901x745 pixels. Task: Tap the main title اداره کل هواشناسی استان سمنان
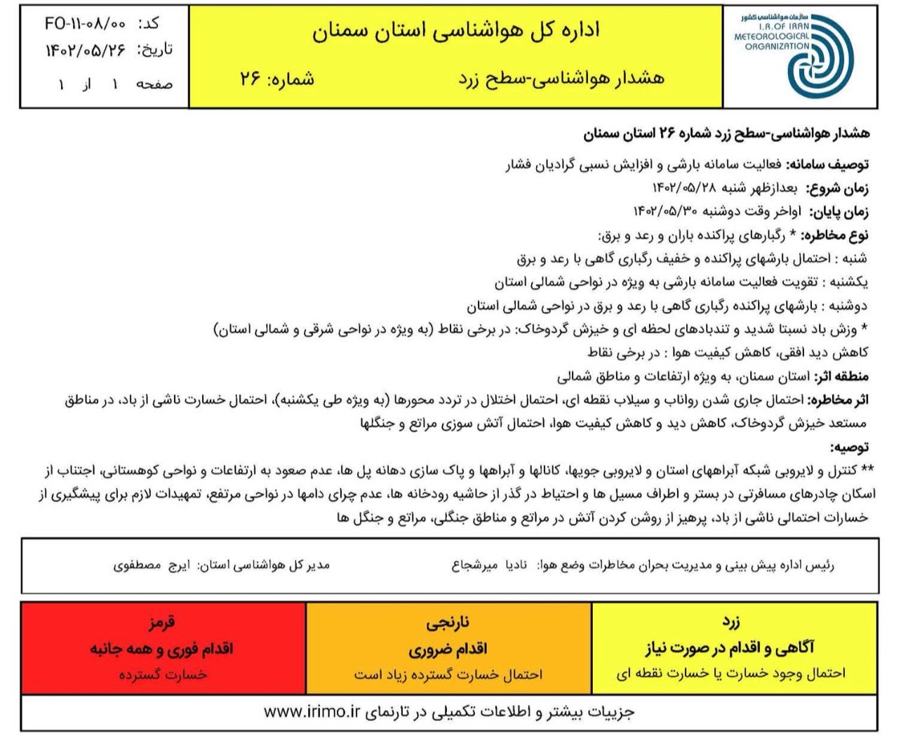coord(456,31)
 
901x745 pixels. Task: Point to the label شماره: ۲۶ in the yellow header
coord(277,79)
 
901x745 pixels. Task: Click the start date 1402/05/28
coord(684,188)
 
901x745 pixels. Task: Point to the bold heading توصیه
coord(850,447)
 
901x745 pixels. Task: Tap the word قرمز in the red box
coord(161,622)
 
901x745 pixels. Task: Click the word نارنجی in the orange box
coord(448,622)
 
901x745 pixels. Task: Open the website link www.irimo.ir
coord(312,711)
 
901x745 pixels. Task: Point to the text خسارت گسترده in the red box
coord(163,674)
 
